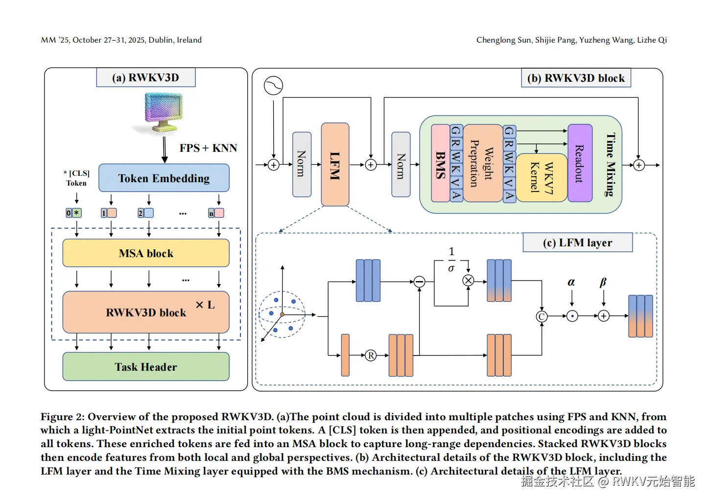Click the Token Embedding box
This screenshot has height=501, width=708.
point(164,178)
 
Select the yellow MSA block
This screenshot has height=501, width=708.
point(146,253)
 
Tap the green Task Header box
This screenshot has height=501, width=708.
point(146,367)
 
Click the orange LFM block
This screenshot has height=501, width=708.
point(335,165)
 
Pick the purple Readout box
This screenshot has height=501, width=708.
point(580,163)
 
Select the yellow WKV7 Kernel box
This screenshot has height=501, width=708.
point(542,177)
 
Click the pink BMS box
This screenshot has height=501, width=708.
point(440,164)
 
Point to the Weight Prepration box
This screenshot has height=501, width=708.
point(482,164)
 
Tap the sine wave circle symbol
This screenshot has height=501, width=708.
point(273,85)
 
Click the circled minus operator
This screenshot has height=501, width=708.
point(419,282)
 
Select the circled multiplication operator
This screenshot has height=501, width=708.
point(468,281)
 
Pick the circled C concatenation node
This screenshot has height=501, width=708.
point(542,316)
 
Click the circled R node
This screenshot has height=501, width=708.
point(371,356)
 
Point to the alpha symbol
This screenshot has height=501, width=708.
point(571,282)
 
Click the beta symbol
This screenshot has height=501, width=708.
point(603,282)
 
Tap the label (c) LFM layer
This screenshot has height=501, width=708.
point(577,243)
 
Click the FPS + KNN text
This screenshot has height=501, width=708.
point(208,148)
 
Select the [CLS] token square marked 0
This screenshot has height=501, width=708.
point(70,213)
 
